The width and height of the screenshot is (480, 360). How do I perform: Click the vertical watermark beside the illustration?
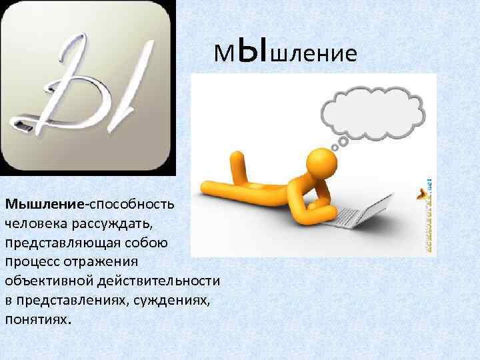427,213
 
